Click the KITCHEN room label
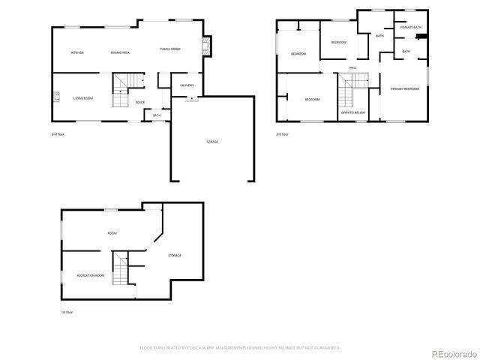(76, 52)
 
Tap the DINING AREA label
(121, 52)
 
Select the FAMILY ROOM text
(170, 49)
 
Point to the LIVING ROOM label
(82, 97)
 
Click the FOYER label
(139, 102)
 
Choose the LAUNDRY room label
(187, 85)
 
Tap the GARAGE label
(213, 142)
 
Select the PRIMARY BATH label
(411, 27)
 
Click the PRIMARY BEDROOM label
(404, 89)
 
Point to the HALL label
(352, 68)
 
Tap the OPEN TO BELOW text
(352, 112)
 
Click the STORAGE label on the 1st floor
(174, 256)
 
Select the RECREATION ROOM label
(91, 276)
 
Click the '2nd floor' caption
(58, 134)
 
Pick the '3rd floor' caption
(282, 134)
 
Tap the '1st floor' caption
(67, 312)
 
